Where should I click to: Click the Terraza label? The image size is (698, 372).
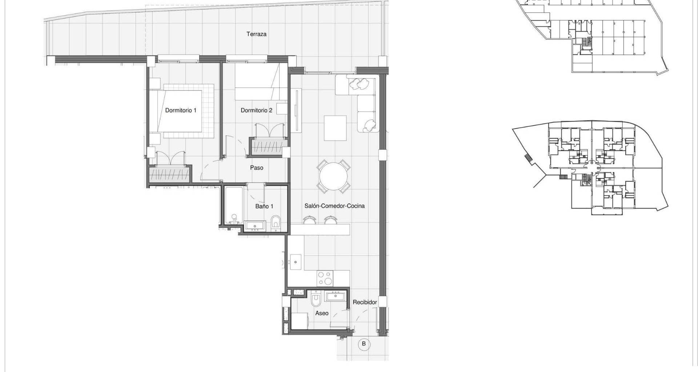coord(256,34)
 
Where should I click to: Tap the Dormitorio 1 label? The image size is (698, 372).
coord(181,110)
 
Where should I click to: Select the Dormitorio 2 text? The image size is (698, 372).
coord(256,110)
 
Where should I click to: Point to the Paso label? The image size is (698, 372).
coord(257,168)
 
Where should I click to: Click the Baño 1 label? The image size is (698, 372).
coord(264,206)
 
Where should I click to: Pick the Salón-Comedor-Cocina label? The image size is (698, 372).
coord(334,206)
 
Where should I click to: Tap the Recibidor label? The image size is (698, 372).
coord(365,302)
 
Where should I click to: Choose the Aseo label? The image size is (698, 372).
coord(322,313)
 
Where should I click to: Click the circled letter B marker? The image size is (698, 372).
coord(364,344)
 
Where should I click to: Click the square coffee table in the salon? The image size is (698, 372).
coord(335,128)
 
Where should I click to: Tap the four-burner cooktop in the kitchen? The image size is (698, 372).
coord(325,278)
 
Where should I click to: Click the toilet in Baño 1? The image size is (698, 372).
coord(276,223)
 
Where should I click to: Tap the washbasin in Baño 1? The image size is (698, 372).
coord(255,226)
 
